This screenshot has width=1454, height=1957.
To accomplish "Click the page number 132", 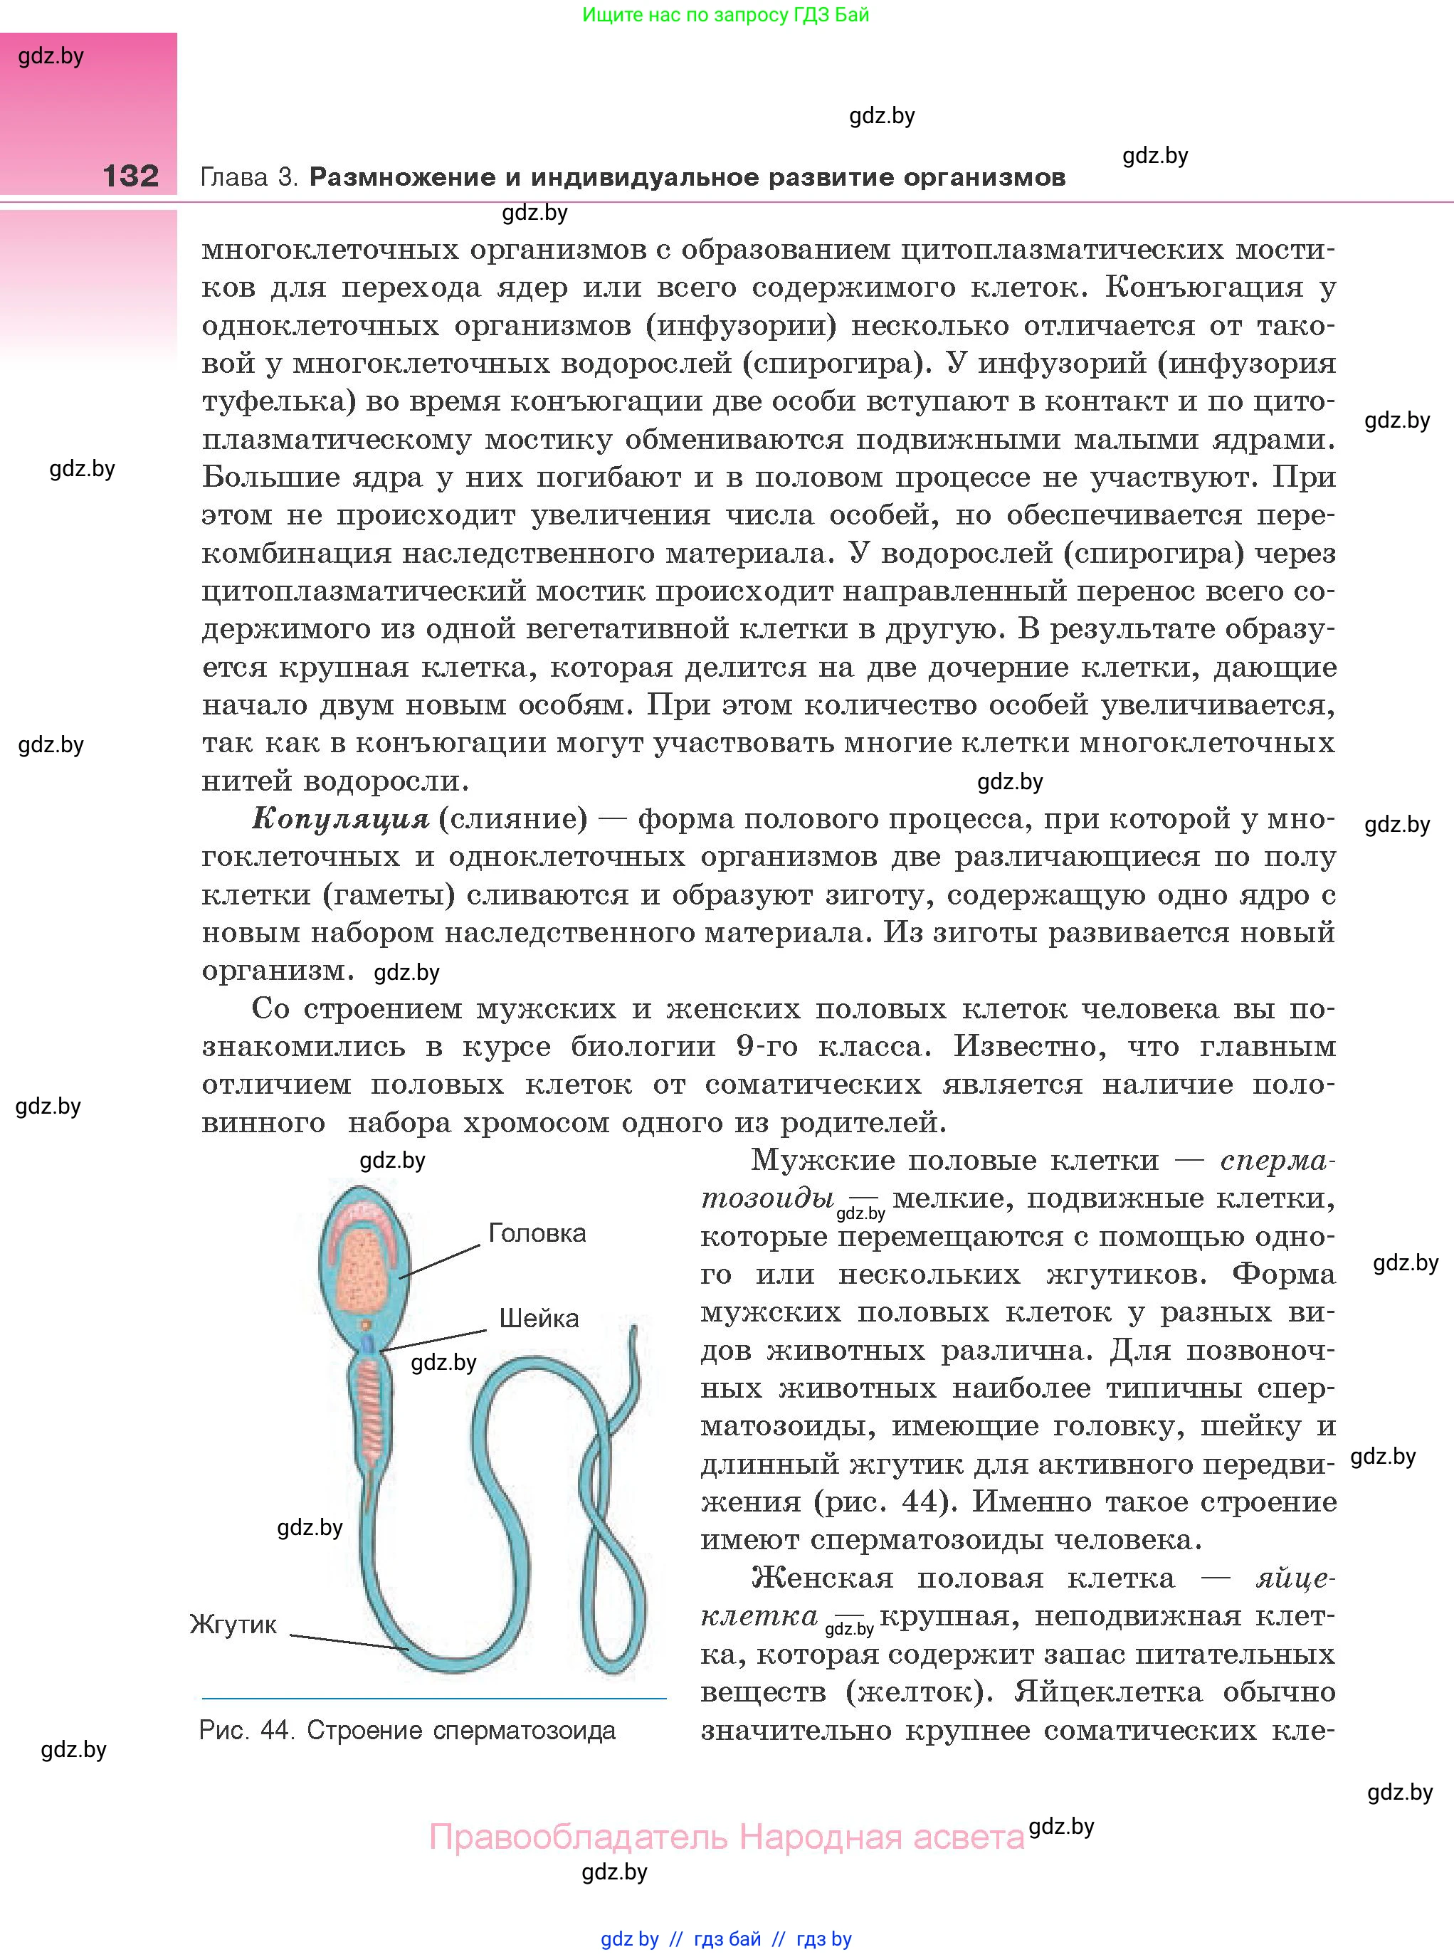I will pyautogui.click(x=130, y=176).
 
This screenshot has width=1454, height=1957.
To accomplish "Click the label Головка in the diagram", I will pyautogui.click(x=537, y=1233).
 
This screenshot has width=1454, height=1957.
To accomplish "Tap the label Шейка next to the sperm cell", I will pyautogui.click(x=539, y=1318).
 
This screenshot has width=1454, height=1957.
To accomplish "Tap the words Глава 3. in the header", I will pyautogui.click(x=249, y=178).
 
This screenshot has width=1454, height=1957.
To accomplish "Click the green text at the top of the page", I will pyautogui.click(x=725, y=15).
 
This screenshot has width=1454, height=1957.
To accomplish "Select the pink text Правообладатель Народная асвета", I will pyautogui.click(x=726, y=1837).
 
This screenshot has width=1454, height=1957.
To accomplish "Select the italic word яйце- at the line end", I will pyautogui.click(x=1295, y=1578).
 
